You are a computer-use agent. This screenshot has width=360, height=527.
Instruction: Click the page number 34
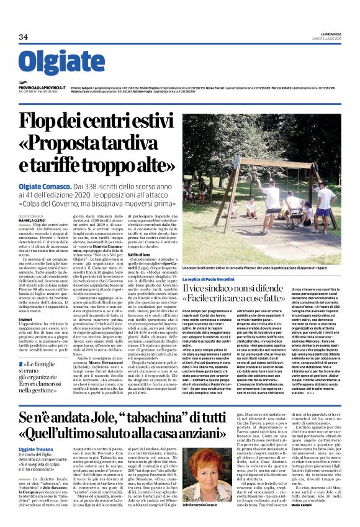(24, 37)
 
